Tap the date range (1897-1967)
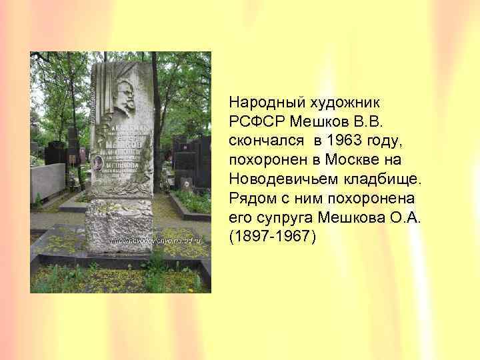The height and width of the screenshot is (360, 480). coord(270,237)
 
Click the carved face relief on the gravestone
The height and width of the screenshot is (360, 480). coord(122,93)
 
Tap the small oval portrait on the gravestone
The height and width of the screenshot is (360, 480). coord(98,163)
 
